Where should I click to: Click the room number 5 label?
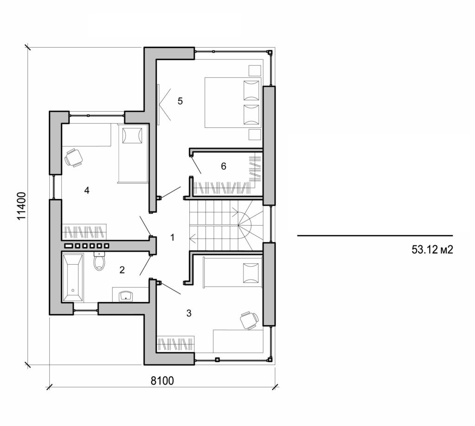(180, 101)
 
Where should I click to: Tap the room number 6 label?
(223, 166)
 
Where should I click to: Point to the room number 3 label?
(188, 313)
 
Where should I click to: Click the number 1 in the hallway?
(173, 237)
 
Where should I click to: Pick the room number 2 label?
(122, 270)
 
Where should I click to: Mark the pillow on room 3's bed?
(251, 272)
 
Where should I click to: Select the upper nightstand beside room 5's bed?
(255, 70)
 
